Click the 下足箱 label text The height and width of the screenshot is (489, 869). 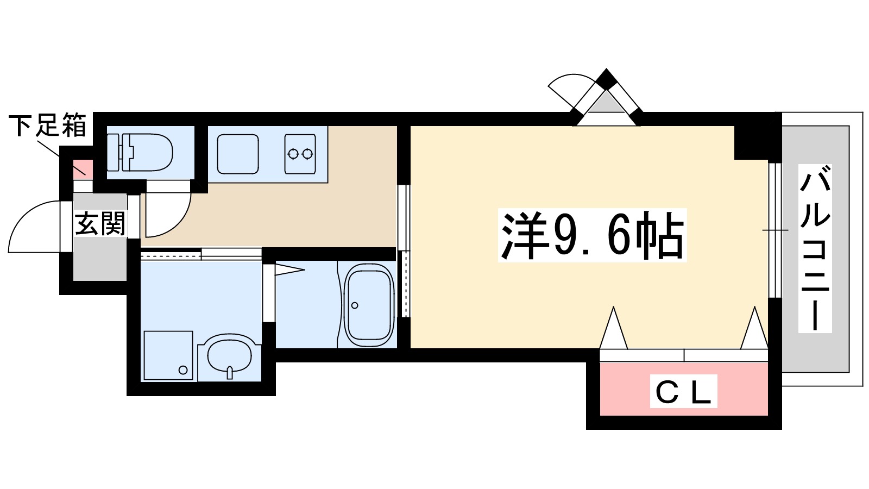48,126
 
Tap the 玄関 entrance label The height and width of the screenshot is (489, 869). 100,224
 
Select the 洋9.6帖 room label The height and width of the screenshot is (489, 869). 592,235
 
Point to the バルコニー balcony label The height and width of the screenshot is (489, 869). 815,248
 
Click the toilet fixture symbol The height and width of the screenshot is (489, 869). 140,152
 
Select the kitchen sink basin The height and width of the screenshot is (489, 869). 238,154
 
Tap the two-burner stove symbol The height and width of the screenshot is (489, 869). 300,154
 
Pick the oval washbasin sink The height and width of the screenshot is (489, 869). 230,356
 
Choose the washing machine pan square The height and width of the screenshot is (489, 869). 168,356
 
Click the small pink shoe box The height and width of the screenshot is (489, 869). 83,169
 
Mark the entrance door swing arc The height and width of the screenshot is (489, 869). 33,225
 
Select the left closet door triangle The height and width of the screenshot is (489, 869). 614,329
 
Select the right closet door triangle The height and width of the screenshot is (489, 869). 754,329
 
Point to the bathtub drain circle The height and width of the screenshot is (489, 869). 355,305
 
